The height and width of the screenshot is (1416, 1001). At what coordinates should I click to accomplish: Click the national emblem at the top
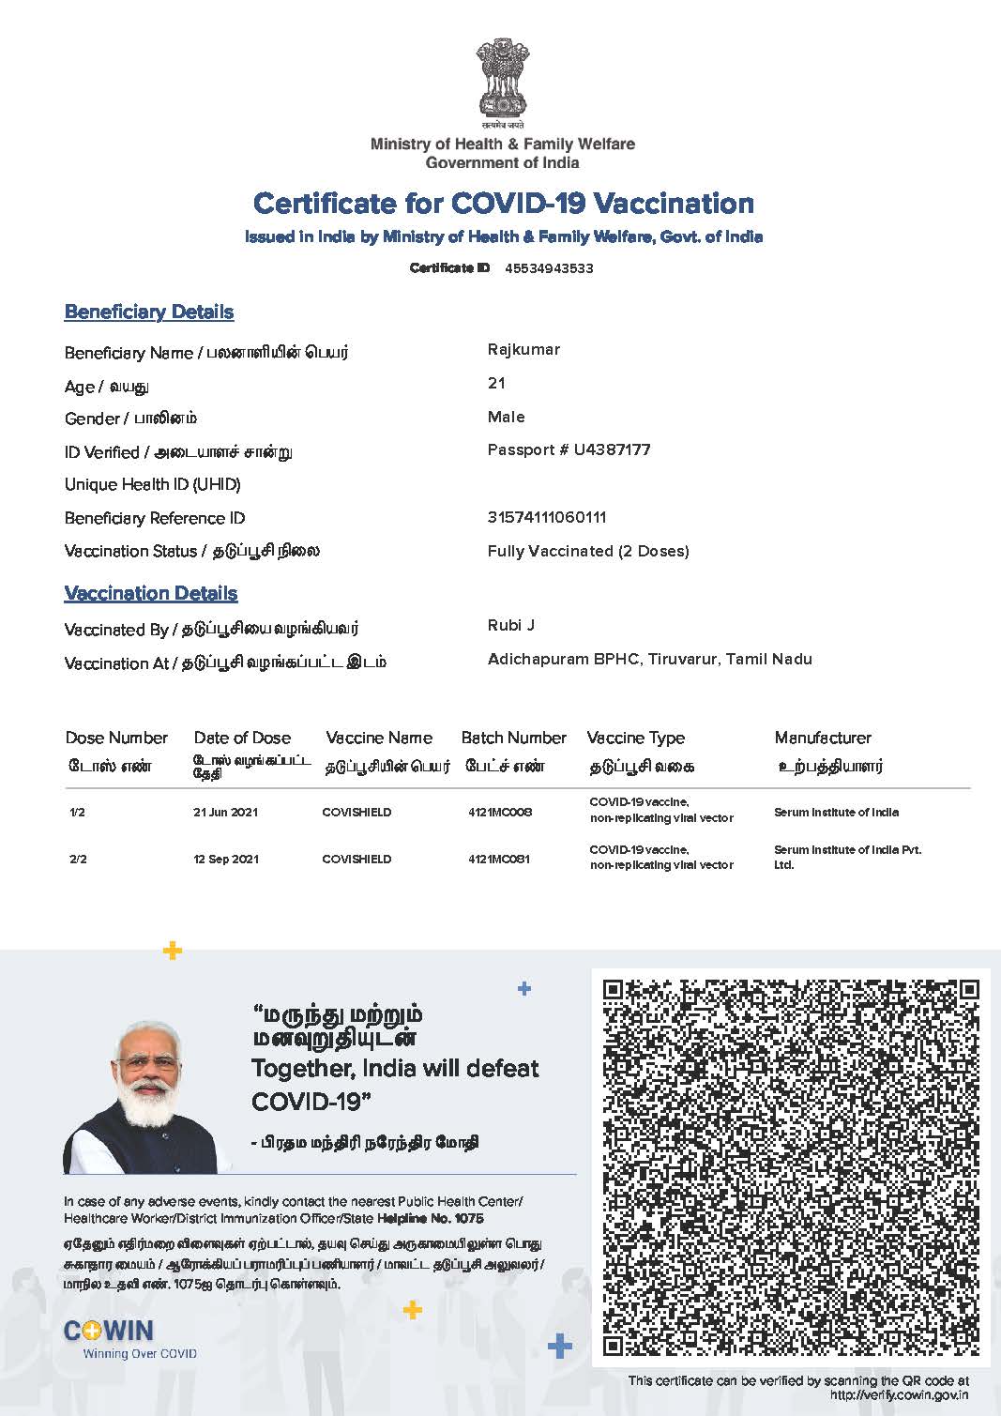click(x=502, y=79)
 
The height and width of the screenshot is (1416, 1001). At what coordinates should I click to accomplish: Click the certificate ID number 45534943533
click(x=549, y=268)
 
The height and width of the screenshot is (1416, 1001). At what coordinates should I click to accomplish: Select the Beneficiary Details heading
click(x=149, y=312)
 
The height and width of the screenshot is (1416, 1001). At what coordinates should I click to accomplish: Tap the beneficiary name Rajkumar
click(x=523, y=350)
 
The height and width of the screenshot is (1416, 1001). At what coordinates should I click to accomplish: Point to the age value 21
click(x=496, y=383)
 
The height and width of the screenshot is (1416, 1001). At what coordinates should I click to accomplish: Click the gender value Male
click(x=506, y=417)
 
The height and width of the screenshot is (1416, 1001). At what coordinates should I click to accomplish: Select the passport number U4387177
click(x=612, y=449)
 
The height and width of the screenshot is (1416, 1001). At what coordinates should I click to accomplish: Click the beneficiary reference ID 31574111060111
click(x=546, y=517)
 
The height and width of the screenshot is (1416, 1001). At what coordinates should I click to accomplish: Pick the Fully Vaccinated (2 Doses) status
click(x=588, y=551)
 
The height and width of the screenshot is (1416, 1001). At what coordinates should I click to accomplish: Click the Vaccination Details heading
click(x=151, y=593)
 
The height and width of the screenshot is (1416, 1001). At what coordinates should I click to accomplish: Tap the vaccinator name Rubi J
click(x=511, y=625)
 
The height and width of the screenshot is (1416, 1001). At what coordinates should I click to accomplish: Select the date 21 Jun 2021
click(x=225, y=812)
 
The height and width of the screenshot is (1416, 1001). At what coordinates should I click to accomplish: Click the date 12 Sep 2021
click(x=226, y=859)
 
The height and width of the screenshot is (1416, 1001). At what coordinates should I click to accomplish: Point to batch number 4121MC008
click(x=499, y=812)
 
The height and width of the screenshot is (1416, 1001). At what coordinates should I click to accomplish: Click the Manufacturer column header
click(x=823, y=738)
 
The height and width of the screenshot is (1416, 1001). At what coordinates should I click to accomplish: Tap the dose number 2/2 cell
click(x=78, y=859)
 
